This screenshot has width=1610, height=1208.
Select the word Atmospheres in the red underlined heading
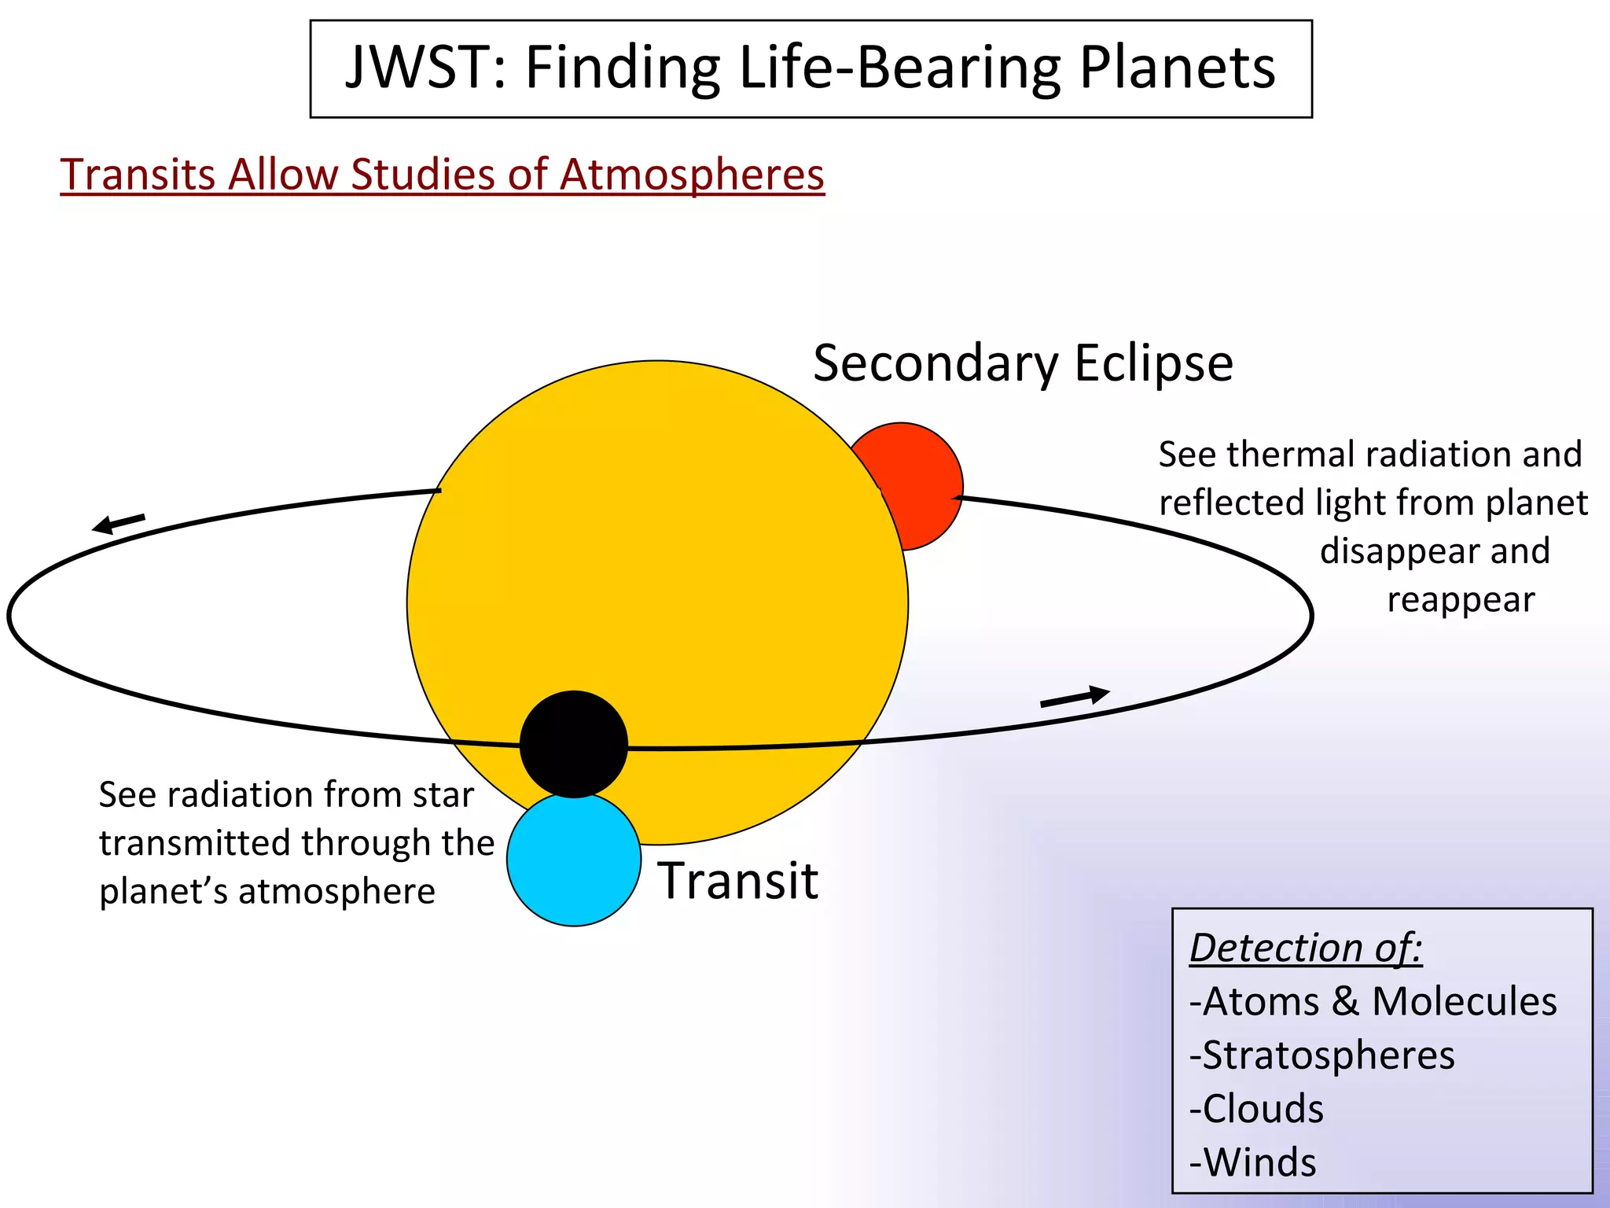point(692,175)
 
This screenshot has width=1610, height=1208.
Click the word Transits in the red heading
point(138,175)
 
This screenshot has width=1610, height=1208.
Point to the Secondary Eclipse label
point(1023,363)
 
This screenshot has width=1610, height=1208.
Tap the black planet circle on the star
point(574,744)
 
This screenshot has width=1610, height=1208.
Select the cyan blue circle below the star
point(574,865)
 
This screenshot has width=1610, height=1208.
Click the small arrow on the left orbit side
point(118,523)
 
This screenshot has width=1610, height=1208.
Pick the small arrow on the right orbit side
point(1075,697)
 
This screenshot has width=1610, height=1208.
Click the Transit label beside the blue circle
point(738,881)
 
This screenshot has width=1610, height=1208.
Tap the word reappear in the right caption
point(1460,600)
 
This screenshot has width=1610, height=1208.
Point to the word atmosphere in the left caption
point(336,892)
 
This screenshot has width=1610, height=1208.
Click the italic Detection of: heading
point(1306,947)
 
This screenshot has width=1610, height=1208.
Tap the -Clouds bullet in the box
point(1256,1109)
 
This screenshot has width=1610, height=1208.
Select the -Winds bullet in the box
point(1252,1162)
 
